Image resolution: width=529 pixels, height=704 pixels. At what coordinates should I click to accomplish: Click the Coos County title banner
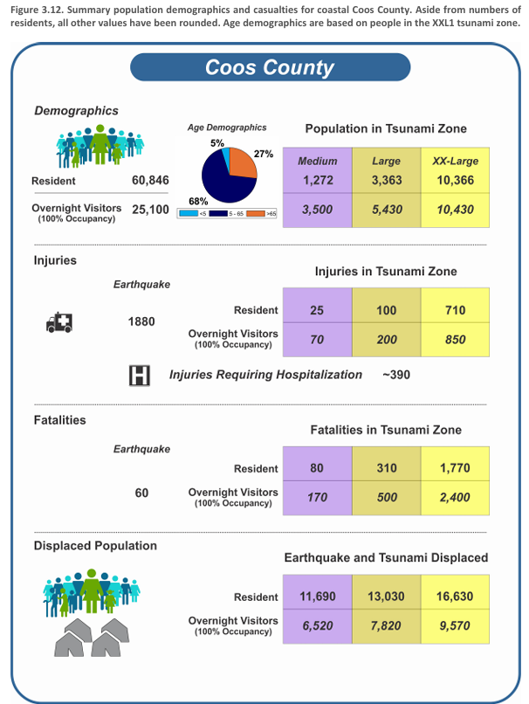(x=269, y=67)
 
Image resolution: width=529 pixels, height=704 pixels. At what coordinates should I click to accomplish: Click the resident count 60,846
(x=150, y=181)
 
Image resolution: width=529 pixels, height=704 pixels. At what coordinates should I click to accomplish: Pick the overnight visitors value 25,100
(x=150, y=210)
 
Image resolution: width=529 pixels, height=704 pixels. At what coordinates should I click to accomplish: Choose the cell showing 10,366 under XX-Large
(x=455, y=181)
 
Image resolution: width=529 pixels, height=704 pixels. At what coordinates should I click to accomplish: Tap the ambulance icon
(x=59, y=322)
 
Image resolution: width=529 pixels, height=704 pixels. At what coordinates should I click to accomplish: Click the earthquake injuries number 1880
(x=141, y=321)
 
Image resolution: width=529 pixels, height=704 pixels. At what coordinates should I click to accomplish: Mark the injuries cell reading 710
(x=455, y=310)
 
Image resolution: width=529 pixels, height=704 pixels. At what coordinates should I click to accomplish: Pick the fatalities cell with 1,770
(x=455, y=468)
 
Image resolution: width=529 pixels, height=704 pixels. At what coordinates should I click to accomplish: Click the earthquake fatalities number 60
(x=141, y=493)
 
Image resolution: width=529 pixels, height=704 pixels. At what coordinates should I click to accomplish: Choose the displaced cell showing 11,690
(x=317, y=597)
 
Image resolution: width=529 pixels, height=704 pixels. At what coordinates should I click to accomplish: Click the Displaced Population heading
(x=95, y=545)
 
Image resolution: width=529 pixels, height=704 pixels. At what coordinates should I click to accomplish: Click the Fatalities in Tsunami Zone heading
(x=386, y=430)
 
